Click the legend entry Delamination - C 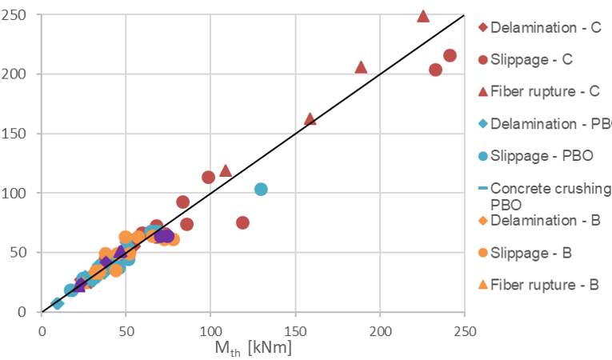tap(544, 27)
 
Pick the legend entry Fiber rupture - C tap(544, 91)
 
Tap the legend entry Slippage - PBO tap(542, 156)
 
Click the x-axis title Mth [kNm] tap(252, 349)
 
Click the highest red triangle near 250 tap(423, 16)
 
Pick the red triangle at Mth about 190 tap(361, 67)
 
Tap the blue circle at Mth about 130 tap(261, 190)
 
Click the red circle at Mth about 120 tap(242, 222)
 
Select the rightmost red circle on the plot tap(450, 56)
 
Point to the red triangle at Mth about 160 tap(310, 119)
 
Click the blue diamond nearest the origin tap(57, 303)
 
